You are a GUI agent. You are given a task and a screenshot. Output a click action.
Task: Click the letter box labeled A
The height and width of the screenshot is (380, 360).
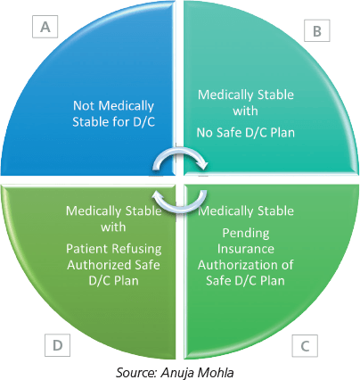45,27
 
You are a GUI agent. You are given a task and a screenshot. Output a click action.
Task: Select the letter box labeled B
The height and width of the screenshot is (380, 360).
317,30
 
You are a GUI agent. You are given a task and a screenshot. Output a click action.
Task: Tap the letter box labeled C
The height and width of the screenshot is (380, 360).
305,345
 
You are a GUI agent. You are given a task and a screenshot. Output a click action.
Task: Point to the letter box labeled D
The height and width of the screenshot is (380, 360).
57,345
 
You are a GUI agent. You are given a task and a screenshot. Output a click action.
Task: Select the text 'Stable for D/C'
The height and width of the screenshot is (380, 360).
113,122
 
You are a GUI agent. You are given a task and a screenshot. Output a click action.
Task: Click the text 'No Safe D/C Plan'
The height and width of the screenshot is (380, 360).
246,133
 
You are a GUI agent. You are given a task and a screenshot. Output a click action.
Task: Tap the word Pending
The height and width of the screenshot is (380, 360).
246,234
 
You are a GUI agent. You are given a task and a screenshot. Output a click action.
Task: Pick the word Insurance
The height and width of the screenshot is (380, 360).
246,249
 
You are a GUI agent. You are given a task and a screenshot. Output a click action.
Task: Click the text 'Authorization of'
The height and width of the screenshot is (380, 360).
246,265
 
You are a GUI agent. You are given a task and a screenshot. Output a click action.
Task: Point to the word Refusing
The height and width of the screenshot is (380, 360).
137,249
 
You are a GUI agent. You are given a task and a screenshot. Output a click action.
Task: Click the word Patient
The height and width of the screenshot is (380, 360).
87,249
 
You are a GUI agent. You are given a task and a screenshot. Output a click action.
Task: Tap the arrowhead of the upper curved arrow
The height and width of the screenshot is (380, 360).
205,165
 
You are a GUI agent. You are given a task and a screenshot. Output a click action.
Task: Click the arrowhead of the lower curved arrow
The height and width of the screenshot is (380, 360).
156,195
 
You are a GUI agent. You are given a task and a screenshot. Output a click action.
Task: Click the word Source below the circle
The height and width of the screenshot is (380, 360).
136,372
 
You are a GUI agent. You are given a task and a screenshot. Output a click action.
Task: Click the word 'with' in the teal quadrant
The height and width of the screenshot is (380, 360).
245,112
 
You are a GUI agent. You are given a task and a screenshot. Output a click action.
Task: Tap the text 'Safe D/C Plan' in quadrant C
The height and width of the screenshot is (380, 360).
245,280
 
